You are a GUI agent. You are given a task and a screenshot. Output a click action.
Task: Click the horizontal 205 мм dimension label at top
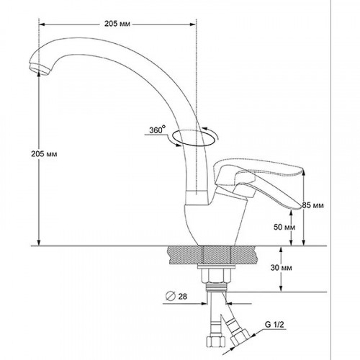click(x=117, y=24)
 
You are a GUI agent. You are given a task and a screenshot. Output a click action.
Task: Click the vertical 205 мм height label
click(x=44, y=154)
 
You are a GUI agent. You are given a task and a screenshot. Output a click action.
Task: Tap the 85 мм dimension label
click(x=312, y=205)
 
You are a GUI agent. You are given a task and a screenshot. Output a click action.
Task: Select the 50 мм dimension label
click(x=284, y=227)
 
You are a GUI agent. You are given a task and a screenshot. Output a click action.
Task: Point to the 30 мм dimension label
click(x=282, y=268)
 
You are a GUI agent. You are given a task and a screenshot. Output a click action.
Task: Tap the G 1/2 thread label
click(x=274, y=325)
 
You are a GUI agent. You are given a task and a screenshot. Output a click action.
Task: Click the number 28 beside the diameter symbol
click(x=182, y=297)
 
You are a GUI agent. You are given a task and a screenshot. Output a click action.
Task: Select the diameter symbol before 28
click(x=171, y=296)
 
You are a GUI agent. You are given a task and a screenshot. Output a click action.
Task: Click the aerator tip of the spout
click(x=39, y=68)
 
